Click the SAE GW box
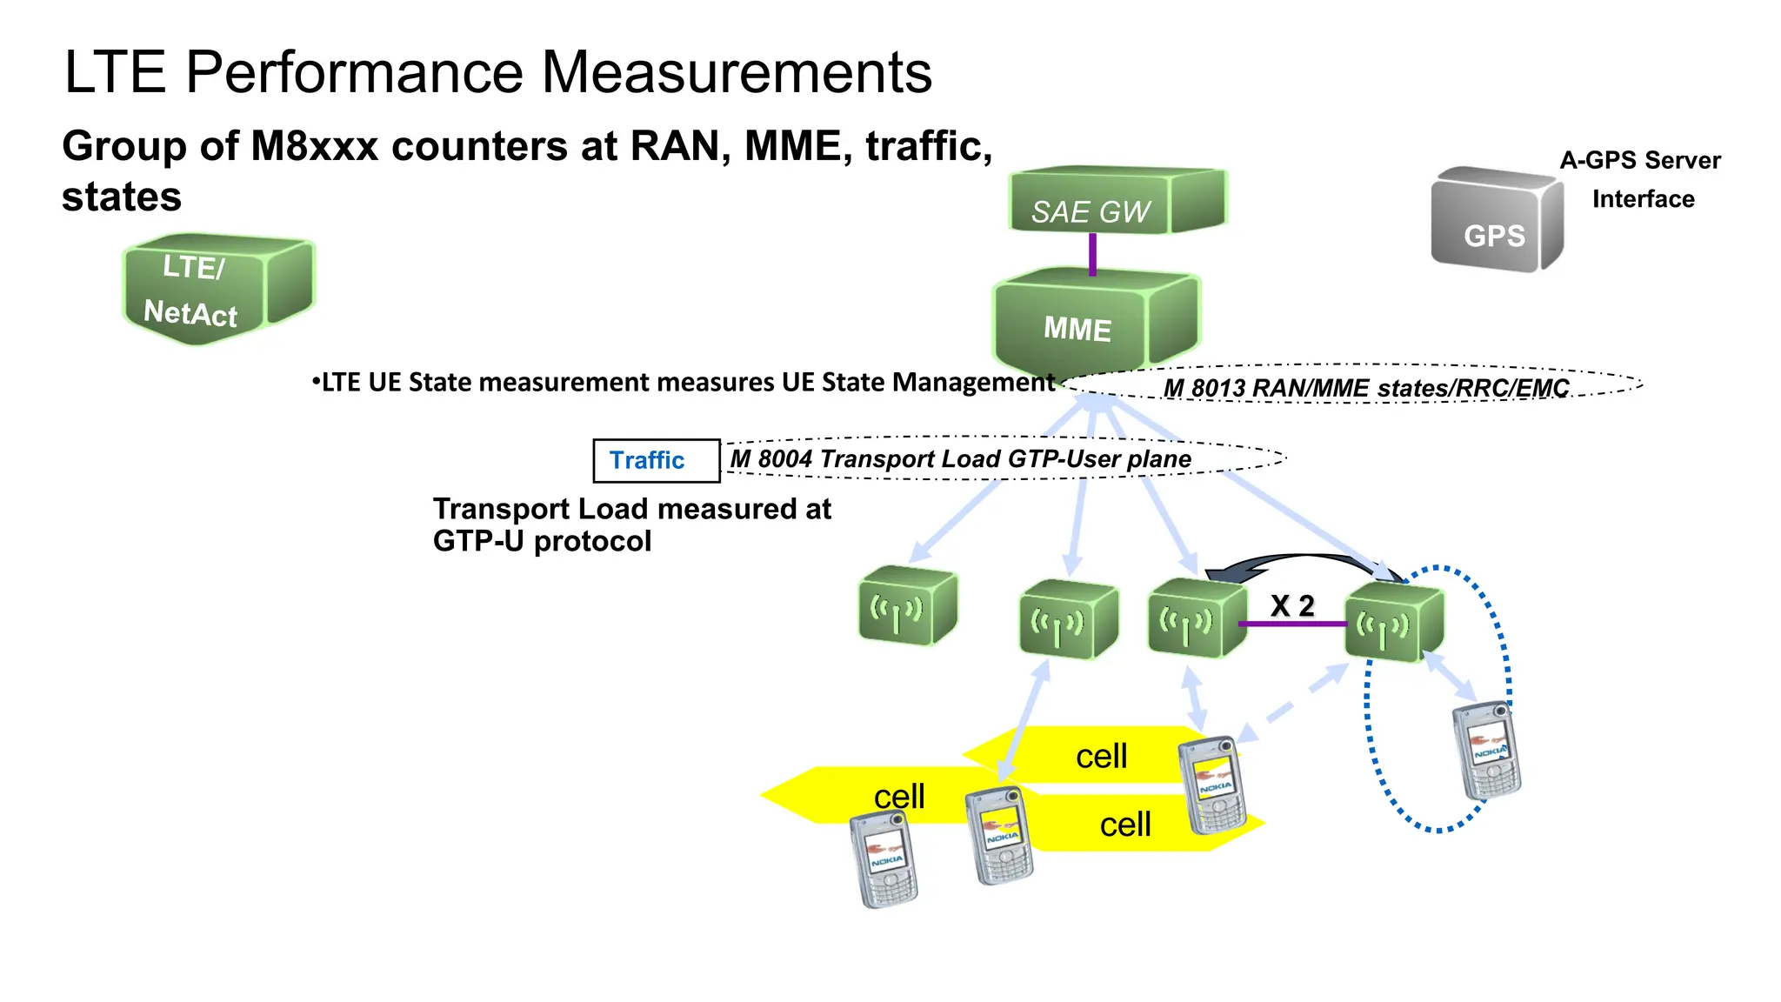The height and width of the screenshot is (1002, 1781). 1116,202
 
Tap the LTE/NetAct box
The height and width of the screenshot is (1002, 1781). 217,289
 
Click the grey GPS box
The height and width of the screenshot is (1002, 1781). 1495,222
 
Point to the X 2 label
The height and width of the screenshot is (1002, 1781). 1291,605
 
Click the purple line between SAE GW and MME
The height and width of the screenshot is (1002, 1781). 1092,254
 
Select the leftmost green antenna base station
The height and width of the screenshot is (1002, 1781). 907,606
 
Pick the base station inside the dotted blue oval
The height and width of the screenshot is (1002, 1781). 1393,623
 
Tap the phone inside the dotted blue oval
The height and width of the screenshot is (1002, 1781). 1486,750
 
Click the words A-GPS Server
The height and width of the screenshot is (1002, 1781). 1639,160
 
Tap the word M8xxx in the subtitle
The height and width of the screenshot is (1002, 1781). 314,146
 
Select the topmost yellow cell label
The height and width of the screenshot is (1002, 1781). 1101,756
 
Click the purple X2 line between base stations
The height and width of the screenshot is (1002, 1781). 1291,624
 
